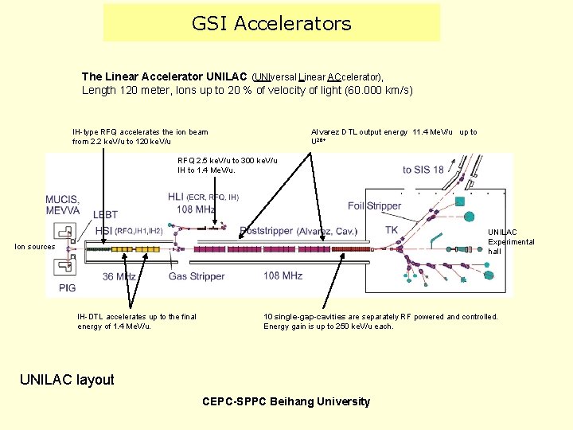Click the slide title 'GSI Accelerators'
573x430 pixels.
pos(271,24)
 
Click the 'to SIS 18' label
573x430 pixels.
pos(423,170)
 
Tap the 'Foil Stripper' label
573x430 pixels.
pos(374,205)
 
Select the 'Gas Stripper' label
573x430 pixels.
pos(197,276)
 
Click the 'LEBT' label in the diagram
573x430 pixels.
pos(105,214)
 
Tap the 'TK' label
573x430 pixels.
pos(392,230)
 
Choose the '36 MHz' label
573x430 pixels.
pos(119,276)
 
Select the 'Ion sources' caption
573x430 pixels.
pos(35,247)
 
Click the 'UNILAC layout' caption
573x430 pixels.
pos(67,380)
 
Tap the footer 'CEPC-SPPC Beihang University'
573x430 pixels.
pos(286,401)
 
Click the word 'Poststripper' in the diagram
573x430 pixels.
pos(267,231)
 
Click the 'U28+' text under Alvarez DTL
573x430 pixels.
pos(318,141)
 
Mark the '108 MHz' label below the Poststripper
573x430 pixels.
pos(283,276)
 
